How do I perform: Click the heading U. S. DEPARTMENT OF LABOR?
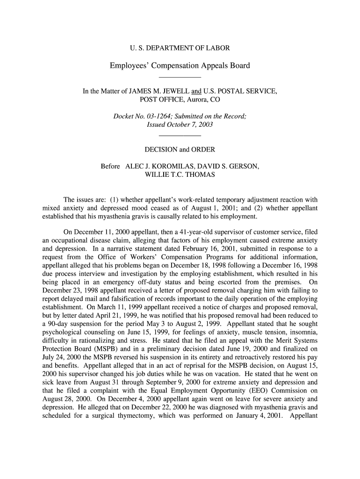coord(180,48)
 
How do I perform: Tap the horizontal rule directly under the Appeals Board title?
coord(180,77)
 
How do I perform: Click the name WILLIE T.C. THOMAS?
coord(180,174)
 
